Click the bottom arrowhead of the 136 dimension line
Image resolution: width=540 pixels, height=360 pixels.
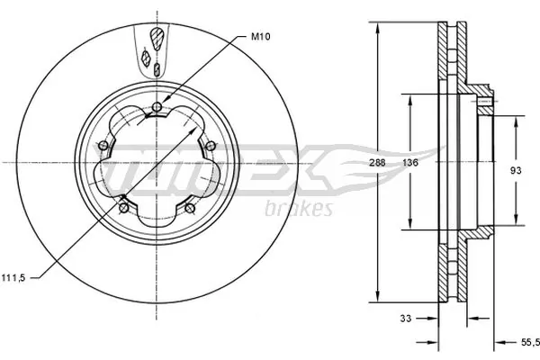pos(411,226)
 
